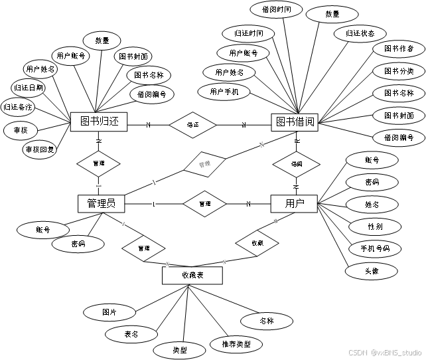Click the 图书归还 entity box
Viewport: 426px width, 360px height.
click(99, 122)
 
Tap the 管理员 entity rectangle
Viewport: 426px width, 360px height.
click(101, 203)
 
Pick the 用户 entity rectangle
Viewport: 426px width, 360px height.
click(294, 203)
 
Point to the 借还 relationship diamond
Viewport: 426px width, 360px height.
click(193, 124)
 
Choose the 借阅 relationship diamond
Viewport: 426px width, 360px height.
click(297, 163)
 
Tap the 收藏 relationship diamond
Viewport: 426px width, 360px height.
click(257, 243)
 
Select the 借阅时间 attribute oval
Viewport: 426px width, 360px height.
click(277, 9)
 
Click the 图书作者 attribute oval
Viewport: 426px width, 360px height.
click(398, 49)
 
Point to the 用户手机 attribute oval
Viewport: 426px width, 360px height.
click(223, 92)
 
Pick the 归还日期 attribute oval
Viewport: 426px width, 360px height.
click(29, 87)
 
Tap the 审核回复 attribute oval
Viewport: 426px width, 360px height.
click(40, 149)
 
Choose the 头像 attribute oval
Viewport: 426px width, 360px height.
click(371, 271)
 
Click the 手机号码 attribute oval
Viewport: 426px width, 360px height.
click(375, 249)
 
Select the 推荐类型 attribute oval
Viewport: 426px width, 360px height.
click(236, 344)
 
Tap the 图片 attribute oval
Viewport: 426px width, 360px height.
click(109, 312)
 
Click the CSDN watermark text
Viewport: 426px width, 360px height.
click(385, 352)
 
